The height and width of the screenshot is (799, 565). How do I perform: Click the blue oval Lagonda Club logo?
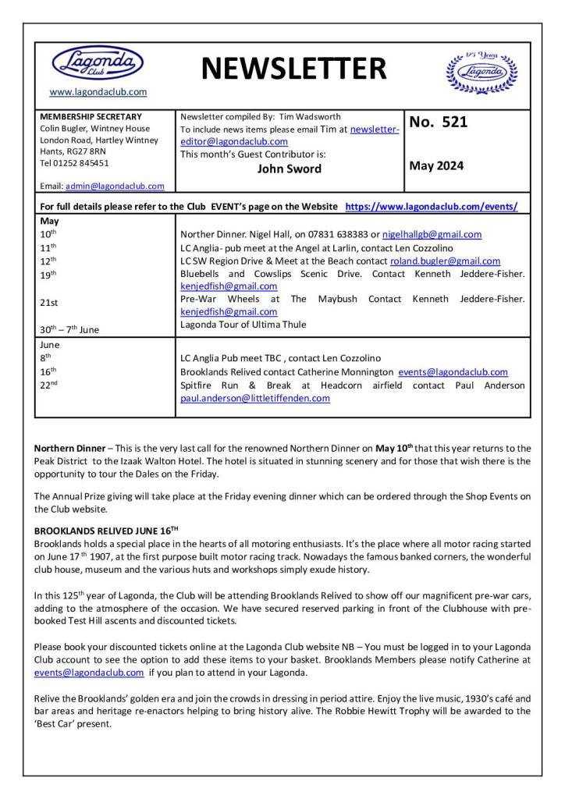(x=98, y=63)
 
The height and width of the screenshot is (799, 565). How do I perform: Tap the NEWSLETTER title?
(x=293, y=70)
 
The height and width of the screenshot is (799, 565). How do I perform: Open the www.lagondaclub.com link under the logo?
(x=98, y=92)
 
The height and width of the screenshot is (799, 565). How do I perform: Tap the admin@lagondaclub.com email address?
(x=115, y=186)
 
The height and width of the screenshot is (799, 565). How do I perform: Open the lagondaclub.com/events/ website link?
(x=431, y=207)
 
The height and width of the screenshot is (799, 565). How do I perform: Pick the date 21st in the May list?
(x=48, y=300)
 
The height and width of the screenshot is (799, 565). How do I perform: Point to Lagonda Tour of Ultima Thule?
(x=243, y=325)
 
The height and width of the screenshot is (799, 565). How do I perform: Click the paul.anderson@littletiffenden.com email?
(x=255, y=398)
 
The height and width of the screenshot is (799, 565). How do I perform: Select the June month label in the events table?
(x=49, y=344)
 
